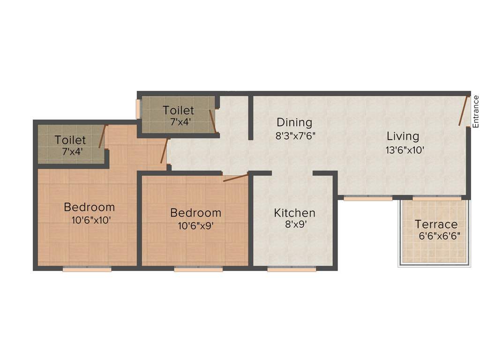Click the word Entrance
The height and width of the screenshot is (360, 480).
pyautogui.click(x=475, y=112)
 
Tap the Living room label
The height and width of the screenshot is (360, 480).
pyautogui.click(x=403, y=136)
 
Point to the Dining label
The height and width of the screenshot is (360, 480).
pyautogui.click(x=294, y=123)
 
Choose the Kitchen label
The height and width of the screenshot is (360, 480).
pyautogui.click(x=294, y=213)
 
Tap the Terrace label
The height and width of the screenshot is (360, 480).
pyautogui.click(x=436, y=224)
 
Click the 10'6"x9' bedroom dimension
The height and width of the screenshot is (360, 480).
pyautogui.click(x=195, y=225)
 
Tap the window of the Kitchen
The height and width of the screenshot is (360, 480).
pyautogui.click(x=292, y=269)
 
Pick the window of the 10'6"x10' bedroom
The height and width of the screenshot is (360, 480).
pyautogui.click(x=87, y=269)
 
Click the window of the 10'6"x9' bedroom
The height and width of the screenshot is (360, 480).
pyautogui.click(x=198, y=269)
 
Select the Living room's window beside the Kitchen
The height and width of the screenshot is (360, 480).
pyautogui.click(x=368, y=198)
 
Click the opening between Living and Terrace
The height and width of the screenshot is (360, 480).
pyautogui.click(x=436, y=198)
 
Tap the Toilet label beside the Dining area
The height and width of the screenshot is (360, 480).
pyautogui.click(x=178, y=111)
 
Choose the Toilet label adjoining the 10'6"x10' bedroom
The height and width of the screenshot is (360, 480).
pyautogui.click(x=70, y=140)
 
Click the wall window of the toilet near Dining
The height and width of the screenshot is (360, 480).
pyautogui.click(x=138, y=109)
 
